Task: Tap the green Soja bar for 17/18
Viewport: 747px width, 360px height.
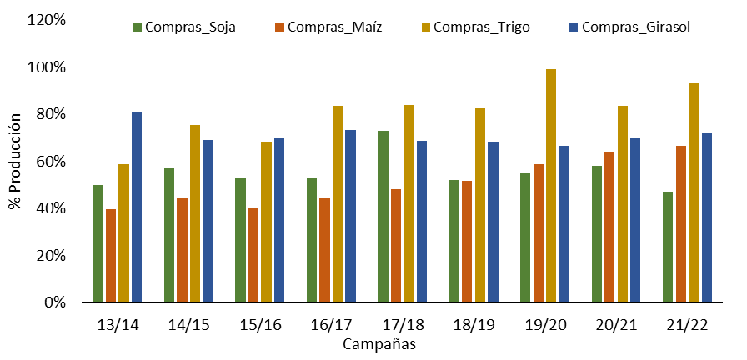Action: point(383,216)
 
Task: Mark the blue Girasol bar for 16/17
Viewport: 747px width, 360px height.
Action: point(350,216)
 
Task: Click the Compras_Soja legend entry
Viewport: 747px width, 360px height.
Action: point(185,27)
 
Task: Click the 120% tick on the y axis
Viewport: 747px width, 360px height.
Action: point(48,20)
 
